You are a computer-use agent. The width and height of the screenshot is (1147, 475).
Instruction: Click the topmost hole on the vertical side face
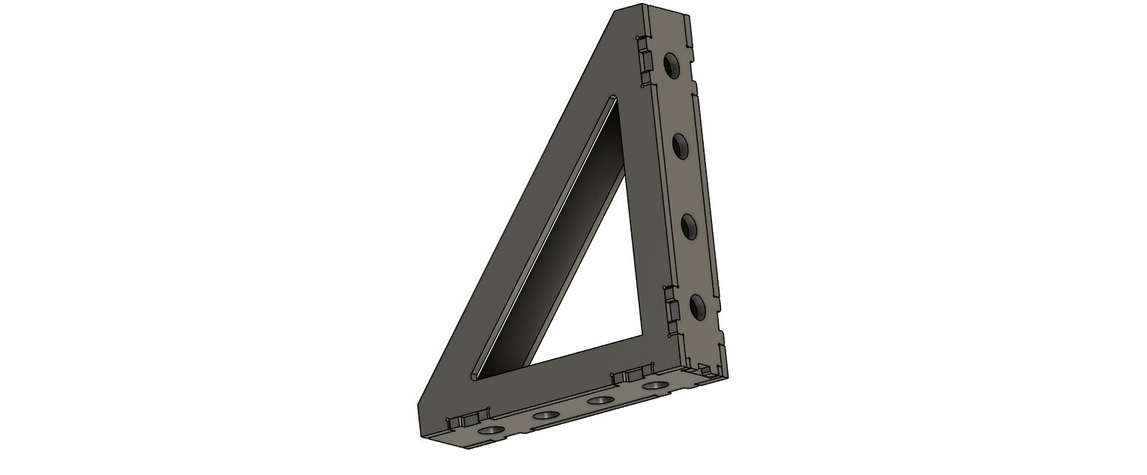[672, 67]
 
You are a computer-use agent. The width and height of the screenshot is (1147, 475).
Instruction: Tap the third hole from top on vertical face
[690, 226]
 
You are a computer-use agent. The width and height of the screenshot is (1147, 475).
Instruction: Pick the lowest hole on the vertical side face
[699, 307]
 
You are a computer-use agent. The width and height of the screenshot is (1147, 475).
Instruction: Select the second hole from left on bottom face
[545, 415]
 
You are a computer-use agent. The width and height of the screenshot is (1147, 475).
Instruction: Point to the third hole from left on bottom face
[600, 401]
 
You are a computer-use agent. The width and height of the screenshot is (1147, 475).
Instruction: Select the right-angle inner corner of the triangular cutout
[642, 334]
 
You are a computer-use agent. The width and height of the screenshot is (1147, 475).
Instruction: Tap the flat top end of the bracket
[651, 10]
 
